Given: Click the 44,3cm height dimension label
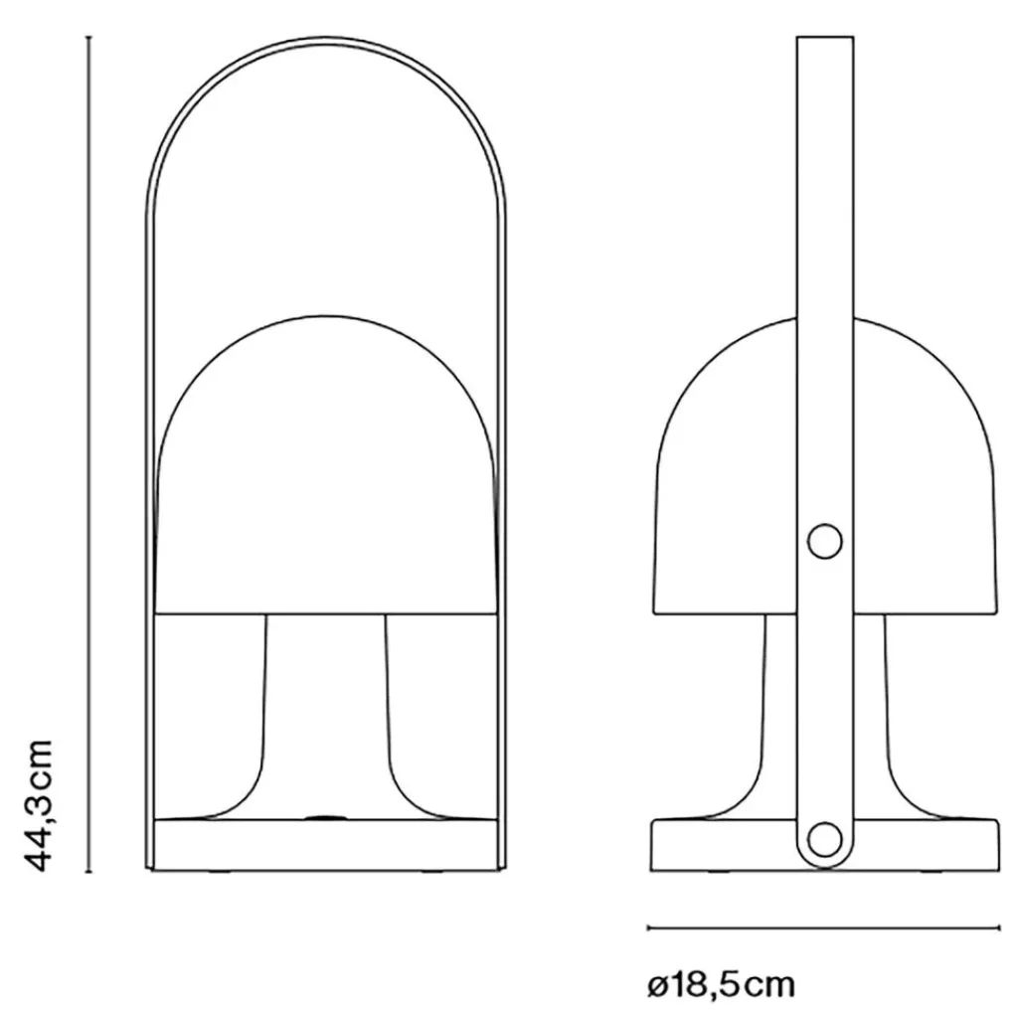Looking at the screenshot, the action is tap(38, 804).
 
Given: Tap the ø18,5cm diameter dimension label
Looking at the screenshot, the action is tap(722, 984).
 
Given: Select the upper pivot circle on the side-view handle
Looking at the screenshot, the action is tap(824, 542).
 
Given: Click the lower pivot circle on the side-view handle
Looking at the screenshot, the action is tap(824, 839).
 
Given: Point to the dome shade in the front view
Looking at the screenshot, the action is tap(325, 464).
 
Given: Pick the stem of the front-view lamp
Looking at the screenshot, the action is tap(325, 714).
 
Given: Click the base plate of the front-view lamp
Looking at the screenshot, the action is tap(325, 844).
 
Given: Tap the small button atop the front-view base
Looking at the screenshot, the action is tap(325, 818).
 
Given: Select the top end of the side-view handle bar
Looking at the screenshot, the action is tap(824, 38).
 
